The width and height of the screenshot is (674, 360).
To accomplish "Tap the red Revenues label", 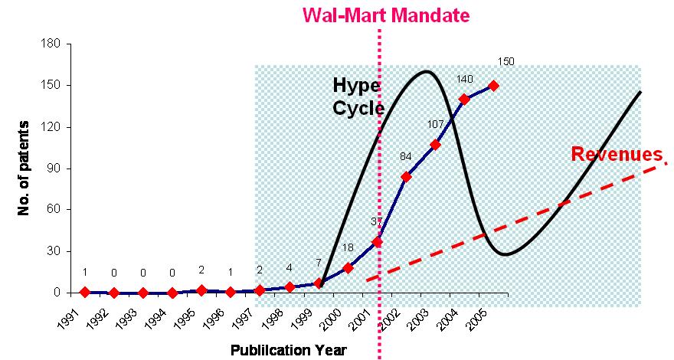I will pyautogui.click(x=617, y=155).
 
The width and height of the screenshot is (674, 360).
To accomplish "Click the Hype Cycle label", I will pyautogui.click(x=358, y=97).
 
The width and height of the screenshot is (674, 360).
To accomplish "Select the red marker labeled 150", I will pyautogui.click(x=493, y=86).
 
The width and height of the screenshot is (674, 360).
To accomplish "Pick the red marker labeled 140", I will pyautogui.click(x=464, y=100).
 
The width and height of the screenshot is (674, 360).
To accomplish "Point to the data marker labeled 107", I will pyautogui.click(x=435, y=145).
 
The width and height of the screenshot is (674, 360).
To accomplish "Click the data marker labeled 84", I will pyautogui.click(x=406, y=177).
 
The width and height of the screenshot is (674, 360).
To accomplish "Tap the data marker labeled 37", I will pyautogui.click(x=377, y=241).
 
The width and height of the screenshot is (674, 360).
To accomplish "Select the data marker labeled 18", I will pyautogui.click(x=348, y=267).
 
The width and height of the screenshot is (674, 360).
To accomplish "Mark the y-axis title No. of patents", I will pyautogui.click(x=24, y=168).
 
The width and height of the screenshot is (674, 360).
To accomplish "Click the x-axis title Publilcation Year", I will pyautogui.click(x=289, y=350).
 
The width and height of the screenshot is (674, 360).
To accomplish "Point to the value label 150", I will pyautogui.click(x=506, y=62).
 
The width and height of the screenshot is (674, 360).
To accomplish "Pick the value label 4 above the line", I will pyautogui.click(x=290, y=268).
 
